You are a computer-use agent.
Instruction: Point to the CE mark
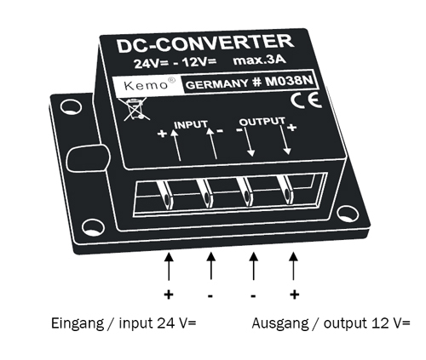click(300, 100)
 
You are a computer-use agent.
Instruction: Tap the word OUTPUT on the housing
click(262, 123)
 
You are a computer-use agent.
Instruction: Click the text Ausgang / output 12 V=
click(331, 324)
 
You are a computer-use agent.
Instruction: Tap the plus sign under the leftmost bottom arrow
click(169, 295)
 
